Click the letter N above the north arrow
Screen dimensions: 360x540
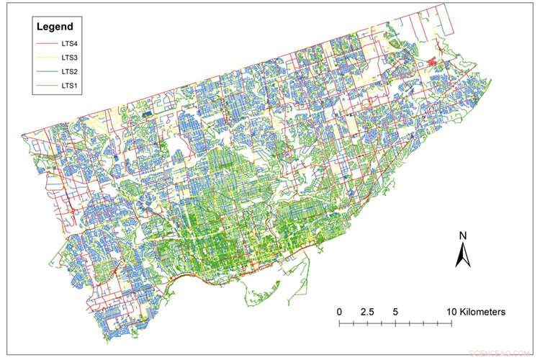464,236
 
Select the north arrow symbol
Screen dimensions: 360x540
464,253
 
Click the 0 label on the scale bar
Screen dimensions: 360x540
339,312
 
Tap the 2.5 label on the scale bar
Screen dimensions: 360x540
366,312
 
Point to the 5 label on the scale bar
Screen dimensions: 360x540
395,312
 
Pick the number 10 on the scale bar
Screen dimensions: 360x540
451,312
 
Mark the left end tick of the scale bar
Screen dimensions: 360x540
339,325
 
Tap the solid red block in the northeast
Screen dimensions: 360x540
435,63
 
